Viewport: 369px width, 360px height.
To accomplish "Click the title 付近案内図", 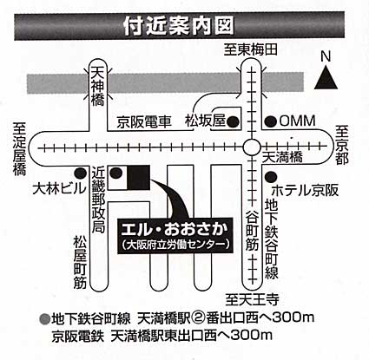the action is pyautogui.click(x=178, y=26).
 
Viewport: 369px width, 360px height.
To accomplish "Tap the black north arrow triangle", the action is pyautogui.click(x=326, y=78).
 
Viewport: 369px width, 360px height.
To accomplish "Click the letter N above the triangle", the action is pyautogui.click(x=326, y=56).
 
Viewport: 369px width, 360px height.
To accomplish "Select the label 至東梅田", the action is pyautogui.click(x=251, y=49).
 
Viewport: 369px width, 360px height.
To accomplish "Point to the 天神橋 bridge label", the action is pyautogui.click(x=97, y=86).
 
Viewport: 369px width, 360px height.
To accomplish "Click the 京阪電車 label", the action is pyautogui.click(x=144, y=122).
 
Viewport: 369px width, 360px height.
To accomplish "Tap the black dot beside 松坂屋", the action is pyautogui.click(x=233, y=122).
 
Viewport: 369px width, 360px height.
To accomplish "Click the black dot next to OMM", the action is pyautogui.click(x=272, y=121).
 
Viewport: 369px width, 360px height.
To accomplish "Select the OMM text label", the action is pyautogui.click(x=297, y=121).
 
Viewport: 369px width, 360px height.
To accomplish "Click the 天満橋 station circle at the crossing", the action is pyautogui.click(x=251, y=147).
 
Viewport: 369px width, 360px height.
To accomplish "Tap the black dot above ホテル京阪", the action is pyautogui.click(x=271, y=176).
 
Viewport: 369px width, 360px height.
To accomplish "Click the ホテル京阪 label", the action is pyautogui.click(x=305, y=191).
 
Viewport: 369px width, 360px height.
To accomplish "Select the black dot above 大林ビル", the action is pyautogui.click(x=80, y=173).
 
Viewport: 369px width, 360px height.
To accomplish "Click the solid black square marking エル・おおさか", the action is pyautogui.click(x=138, y=178).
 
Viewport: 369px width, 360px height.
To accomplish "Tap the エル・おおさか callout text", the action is pyautogui.click(x=175, y=230).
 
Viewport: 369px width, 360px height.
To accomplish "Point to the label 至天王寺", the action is pyautogui.click(x=253, y=299).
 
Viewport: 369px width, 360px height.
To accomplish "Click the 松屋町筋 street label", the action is pyautogui.click(x=80, y=263).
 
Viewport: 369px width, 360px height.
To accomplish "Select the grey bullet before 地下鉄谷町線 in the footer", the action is pyautogui.click(x=45, y=318).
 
